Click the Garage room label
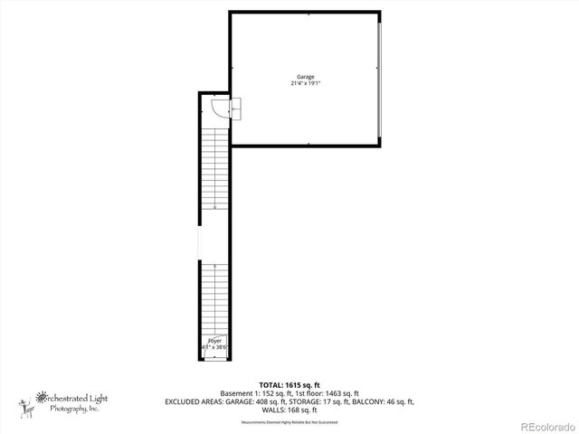pyautogui.click(x=306, y=77)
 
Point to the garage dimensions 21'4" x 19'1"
pyautogui.click(x=306, y=83)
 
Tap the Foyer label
pyautogui.click(x=215, y=341)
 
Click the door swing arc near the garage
pyautogui.click(x=218, y=108)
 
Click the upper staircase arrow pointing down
pyautogui.click(x=214, y=206)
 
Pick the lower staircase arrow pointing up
pyautogui.click(x=214, y=267)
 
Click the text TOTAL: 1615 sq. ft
pyautogui.click(x=289, y=385)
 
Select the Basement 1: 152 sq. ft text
pyautogui.click(x=256, y=393)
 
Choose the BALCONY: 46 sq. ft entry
pyautogui.click(x=387, y=401)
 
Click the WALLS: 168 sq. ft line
pyautogui.click(x=289, y=410)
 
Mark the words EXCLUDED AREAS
pyautogui.click(x=195, y=401)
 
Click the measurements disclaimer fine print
pyautogui.click(x=289, y=422)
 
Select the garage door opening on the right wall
pyautogui.click(x=381, y=78)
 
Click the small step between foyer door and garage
pyautogui.click(x=236, y=108)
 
